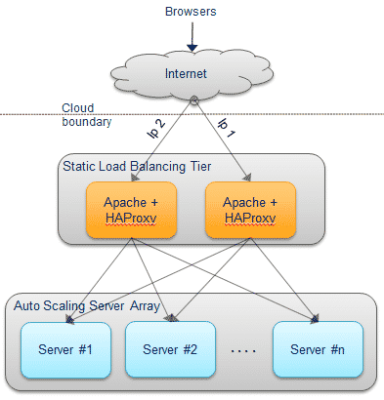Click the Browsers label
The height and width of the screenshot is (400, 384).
191,12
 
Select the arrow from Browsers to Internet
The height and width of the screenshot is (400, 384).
192,36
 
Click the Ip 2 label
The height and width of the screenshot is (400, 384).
156,129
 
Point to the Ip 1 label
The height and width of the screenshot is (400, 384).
227,128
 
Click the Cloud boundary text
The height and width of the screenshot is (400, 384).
87,115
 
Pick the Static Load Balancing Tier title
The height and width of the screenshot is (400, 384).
137,166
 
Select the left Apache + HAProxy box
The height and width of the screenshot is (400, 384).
131,210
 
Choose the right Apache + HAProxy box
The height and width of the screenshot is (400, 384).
250,210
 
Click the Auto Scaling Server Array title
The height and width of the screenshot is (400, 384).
87,306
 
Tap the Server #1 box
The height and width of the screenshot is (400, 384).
65,349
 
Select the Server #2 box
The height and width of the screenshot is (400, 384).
170,349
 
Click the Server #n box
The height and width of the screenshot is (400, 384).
318,349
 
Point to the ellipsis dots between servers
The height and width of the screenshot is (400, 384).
243,351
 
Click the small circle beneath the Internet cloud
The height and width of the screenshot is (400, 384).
194,100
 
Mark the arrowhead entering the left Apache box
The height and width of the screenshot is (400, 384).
135,178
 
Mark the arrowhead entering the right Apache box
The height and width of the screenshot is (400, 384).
247,178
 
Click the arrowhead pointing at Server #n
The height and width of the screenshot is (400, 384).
315,319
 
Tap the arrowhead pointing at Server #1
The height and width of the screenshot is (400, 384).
69,319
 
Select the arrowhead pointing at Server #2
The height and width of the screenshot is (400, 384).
173,317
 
